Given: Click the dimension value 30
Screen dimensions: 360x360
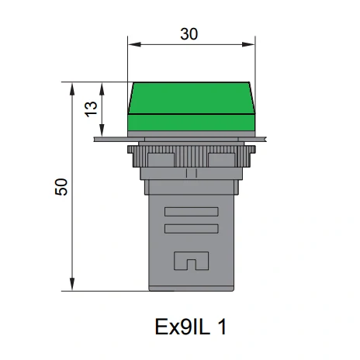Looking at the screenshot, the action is [189, 34].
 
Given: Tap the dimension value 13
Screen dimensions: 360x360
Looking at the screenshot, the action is [91, 109].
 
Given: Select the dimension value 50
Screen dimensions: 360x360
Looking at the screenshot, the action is [61, 187].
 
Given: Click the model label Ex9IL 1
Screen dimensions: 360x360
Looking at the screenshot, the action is [191, 327].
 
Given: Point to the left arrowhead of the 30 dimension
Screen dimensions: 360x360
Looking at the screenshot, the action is [134, 44].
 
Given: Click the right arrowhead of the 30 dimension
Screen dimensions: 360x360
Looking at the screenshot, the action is [248, 44].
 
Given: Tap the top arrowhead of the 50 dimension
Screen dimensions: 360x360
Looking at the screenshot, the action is [72, 88].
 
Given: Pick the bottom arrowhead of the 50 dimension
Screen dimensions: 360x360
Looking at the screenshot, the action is [72, 284].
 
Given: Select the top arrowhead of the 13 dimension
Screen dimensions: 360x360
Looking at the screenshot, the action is [102, 88].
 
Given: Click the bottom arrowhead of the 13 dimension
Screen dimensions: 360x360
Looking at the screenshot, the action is [102, 130].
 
